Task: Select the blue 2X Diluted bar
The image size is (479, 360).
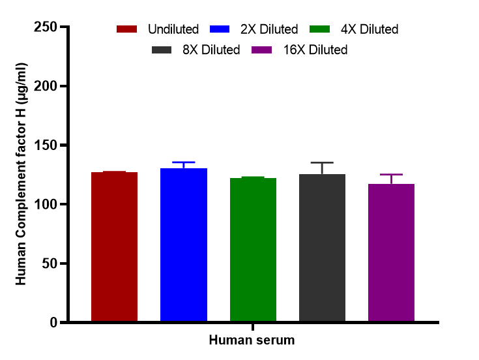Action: coord(184,245)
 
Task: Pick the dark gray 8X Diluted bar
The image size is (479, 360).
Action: coord(322,248)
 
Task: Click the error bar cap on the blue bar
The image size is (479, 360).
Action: coord(184,162)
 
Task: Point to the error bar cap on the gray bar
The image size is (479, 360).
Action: coord(322,162)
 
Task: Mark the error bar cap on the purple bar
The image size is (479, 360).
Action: coord(391,175)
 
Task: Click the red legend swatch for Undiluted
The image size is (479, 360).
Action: coord(127,29)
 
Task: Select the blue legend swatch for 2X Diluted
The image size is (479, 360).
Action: coord(221,29)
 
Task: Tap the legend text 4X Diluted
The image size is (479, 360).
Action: coord(369,29)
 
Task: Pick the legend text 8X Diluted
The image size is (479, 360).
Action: coord(211,50)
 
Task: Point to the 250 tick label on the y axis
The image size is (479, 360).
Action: coord(44,27)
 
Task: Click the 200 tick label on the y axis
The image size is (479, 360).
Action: coord(44,87)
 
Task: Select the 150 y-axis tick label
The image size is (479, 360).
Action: coord(44,145)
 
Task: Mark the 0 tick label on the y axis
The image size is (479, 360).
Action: coord(51,322)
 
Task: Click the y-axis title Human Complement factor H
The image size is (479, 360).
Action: coord(22,173)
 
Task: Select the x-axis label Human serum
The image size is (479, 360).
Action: coord(252,340)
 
